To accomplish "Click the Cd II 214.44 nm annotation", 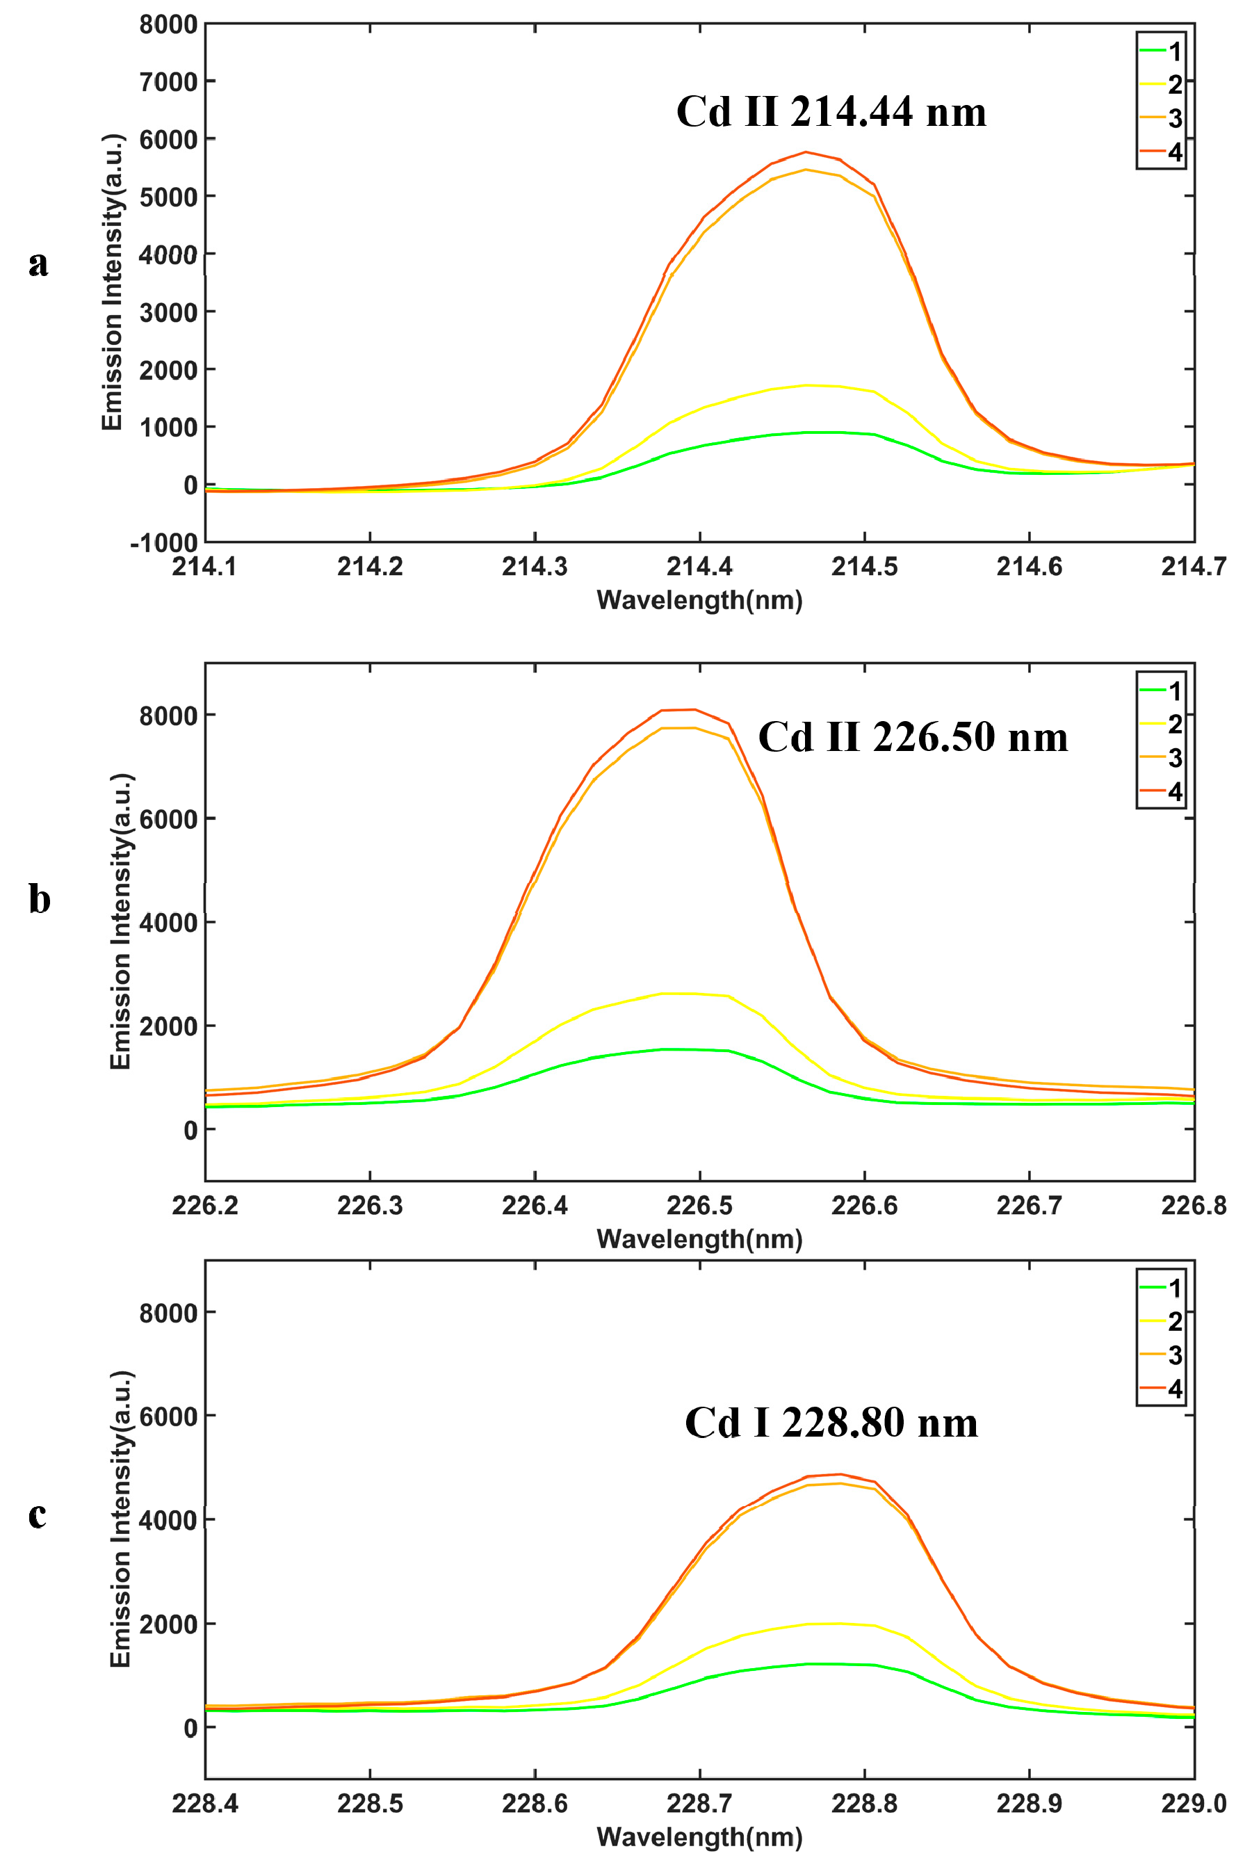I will coord(831,112).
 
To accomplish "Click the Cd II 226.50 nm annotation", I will coord(913,737).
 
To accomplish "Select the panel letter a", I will coord(38,264).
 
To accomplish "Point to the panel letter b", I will coord(39,899).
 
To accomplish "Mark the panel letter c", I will coord(37,1514).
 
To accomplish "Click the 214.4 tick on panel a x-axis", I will coord(699,567).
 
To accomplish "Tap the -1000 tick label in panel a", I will coord(163,542).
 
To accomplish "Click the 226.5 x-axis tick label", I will coord(699,1205).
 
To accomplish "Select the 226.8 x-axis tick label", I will coord(1193,1205).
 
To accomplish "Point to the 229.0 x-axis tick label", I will coord(1193,1803).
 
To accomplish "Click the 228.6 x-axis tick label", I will coord(534,1803).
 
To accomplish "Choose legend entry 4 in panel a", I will coord(1173,152).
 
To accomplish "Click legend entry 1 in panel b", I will coord(1173,690).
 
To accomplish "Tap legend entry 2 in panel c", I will coord(1173,1321).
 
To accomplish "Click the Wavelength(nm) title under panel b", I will coord(699,1239).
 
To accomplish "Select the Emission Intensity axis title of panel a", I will coord(113,282).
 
